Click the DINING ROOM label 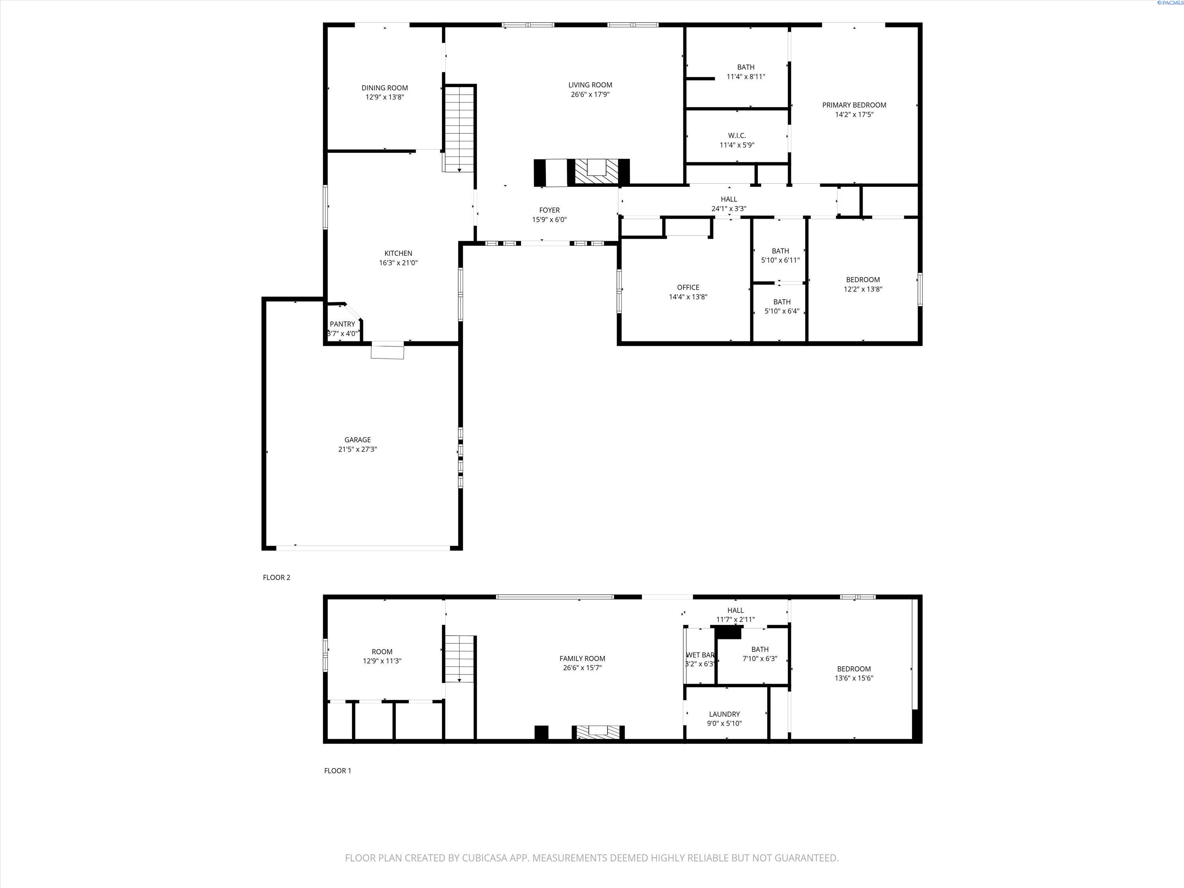tap(384, 88)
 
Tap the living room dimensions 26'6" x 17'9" tap(590, 95)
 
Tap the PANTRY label tap(342, 324)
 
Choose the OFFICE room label tap(688, 287)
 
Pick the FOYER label tap(549, 210)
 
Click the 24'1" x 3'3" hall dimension tap(729, 209)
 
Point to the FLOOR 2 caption tap(276, 577)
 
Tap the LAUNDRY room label tap(724, 714)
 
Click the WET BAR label tap(700, 655)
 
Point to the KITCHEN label tap(398, 253)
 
